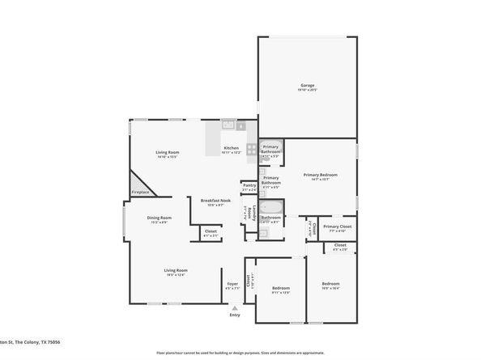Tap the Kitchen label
tap(232, 148)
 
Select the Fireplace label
tap(139, 192)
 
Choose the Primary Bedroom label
tap(320, 175)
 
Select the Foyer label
tap(232, 283)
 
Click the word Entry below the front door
tap(235, 315)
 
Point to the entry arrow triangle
tap(235, 307)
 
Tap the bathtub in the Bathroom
tap(272, 211)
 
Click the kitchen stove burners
tap(252, 149)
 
